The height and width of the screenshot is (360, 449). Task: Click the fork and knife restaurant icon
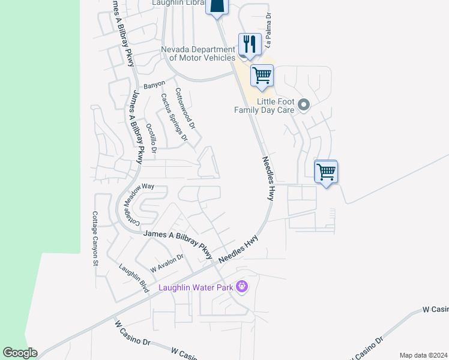click(x=249, y=44)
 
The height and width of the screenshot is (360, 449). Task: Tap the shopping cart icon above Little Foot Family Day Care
click(x=262, y=76)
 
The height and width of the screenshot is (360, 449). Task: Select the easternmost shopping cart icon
click(x=326, y=172)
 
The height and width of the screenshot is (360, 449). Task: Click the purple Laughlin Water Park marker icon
click(x=242, y=287)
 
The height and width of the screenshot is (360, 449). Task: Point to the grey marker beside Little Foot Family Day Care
click(x=304, y=106)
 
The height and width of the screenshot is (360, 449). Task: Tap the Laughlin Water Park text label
click(x=194, y=287)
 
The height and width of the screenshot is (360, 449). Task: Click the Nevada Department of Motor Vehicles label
click(x=197, y=54)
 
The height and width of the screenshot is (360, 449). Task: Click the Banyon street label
click(x=154, y=83)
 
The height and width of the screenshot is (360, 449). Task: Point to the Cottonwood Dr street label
click(x=185, y=109)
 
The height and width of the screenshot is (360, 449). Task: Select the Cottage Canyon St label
click(x=95, y=238)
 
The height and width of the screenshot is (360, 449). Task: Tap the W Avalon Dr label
click(x=166, y=263)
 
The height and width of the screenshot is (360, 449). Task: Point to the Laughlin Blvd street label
click(x=133, y=278)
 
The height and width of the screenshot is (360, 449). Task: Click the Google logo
click(x=20, y=353)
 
